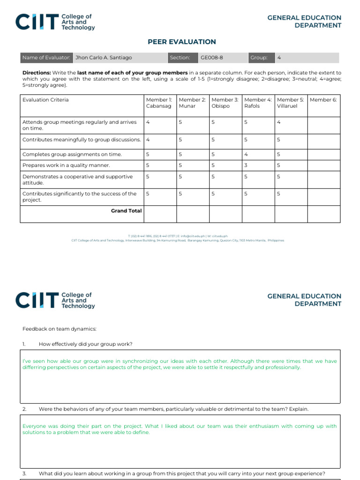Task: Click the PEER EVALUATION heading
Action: pos(182,42)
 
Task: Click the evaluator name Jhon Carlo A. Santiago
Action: pos(104,58)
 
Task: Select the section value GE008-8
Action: pos(212,58)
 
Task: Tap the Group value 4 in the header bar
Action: pos(279,58)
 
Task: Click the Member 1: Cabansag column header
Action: pos(159,103)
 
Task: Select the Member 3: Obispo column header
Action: pos(225,103)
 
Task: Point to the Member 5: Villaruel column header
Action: pos(291,103)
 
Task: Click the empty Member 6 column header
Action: pos(323,100)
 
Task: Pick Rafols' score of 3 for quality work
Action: pos(246,165)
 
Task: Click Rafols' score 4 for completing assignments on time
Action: pos(246,154)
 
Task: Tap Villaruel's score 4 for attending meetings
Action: pos(278,122)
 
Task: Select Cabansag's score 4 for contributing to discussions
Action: pos(148,140)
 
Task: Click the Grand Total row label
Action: pos(126,211)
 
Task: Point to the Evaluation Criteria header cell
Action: pos(45,100)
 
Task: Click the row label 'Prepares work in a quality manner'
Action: pos(66,165)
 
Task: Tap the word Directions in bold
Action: pos(37,73)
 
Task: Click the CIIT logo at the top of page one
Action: pos(55,22)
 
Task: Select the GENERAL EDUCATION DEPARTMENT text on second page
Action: pos(304,300)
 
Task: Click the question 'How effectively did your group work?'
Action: pos(85,344)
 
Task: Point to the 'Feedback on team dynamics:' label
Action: pos(59,329)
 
